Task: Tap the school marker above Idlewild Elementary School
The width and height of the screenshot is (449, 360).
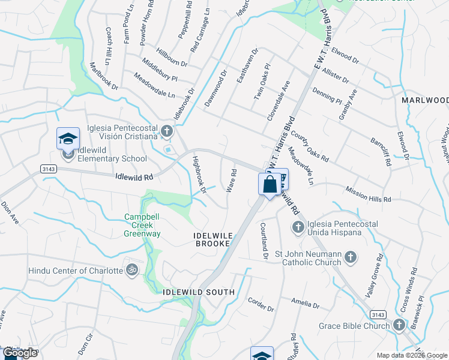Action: (x=68, y=139)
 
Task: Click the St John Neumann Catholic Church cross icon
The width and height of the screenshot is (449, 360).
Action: (x=351, y=258)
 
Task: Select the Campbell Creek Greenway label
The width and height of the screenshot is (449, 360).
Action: (x=143, y=225)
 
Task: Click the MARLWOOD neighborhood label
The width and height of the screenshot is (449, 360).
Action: (x=425, y=100)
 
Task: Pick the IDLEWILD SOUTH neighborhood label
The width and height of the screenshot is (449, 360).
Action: (x=199, y=292)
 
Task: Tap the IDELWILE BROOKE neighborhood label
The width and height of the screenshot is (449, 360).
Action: (x=212, y=239)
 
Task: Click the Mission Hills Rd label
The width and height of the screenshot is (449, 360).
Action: (x=368, y=194)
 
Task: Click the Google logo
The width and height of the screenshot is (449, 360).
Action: (x=20, y=353)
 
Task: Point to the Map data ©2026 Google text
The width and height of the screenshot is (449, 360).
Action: (x=411, y=355)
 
